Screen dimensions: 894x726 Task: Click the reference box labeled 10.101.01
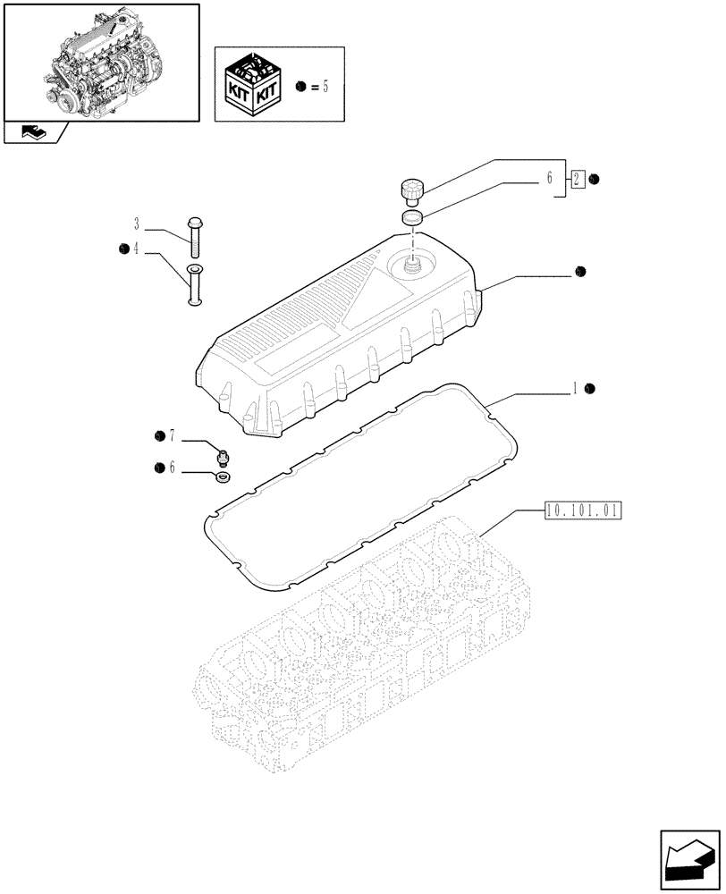(582, 511)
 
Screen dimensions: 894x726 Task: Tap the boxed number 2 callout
(578, 179)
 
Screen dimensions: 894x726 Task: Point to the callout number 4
(137, 249)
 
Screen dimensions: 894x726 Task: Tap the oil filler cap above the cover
(411, 190)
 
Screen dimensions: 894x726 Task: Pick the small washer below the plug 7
(221, 477)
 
